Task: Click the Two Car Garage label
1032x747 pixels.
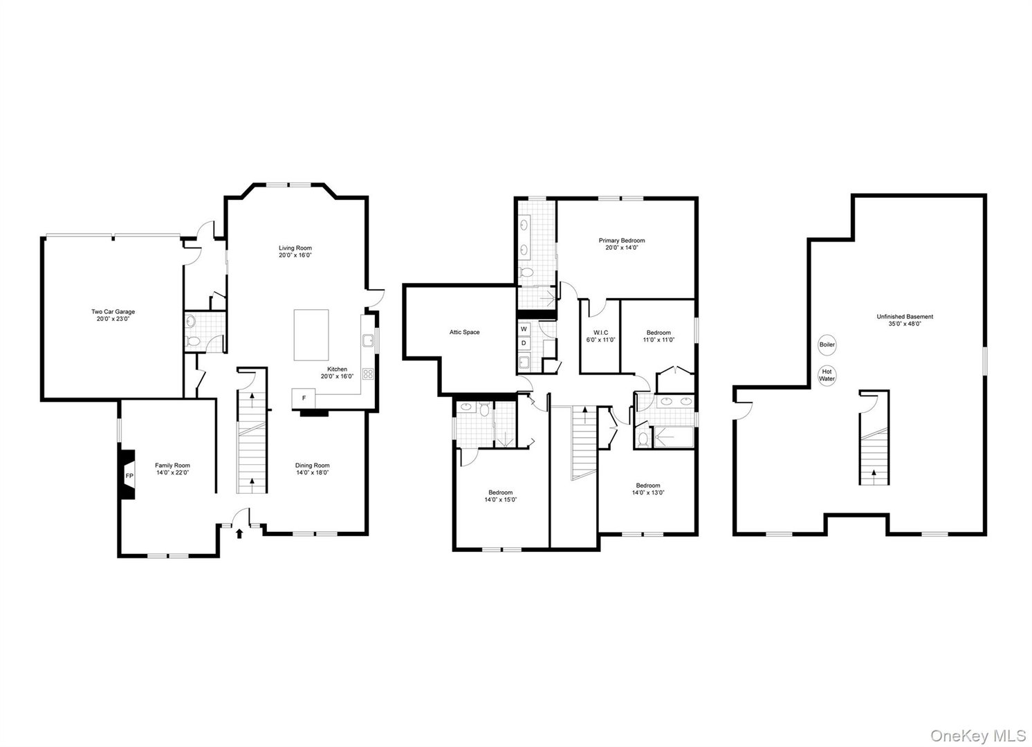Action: [x=113, y=311]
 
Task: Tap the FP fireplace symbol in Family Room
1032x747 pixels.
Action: [x=129, y=476]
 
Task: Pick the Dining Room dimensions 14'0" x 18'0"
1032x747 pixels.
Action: [x=312, y=473]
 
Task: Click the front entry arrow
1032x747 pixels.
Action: [x=240, y=533]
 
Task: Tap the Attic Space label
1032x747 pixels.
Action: [x=464, y=332]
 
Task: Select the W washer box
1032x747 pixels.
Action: [x=524, y=329]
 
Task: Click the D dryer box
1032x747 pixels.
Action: [x=524, y=342]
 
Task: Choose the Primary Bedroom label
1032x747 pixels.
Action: [x=621, y=240]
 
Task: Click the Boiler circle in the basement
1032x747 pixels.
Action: [x=827, y=344]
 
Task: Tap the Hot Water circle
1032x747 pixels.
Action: [x=827, y=375]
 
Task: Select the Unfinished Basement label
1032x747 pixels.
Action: [x=905, y=317]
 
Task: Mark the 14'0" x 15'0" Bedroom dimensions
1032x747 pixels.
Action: [x=501, y=499]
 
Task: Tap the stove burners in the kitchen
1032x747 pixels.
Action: [x=368, y=373]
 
